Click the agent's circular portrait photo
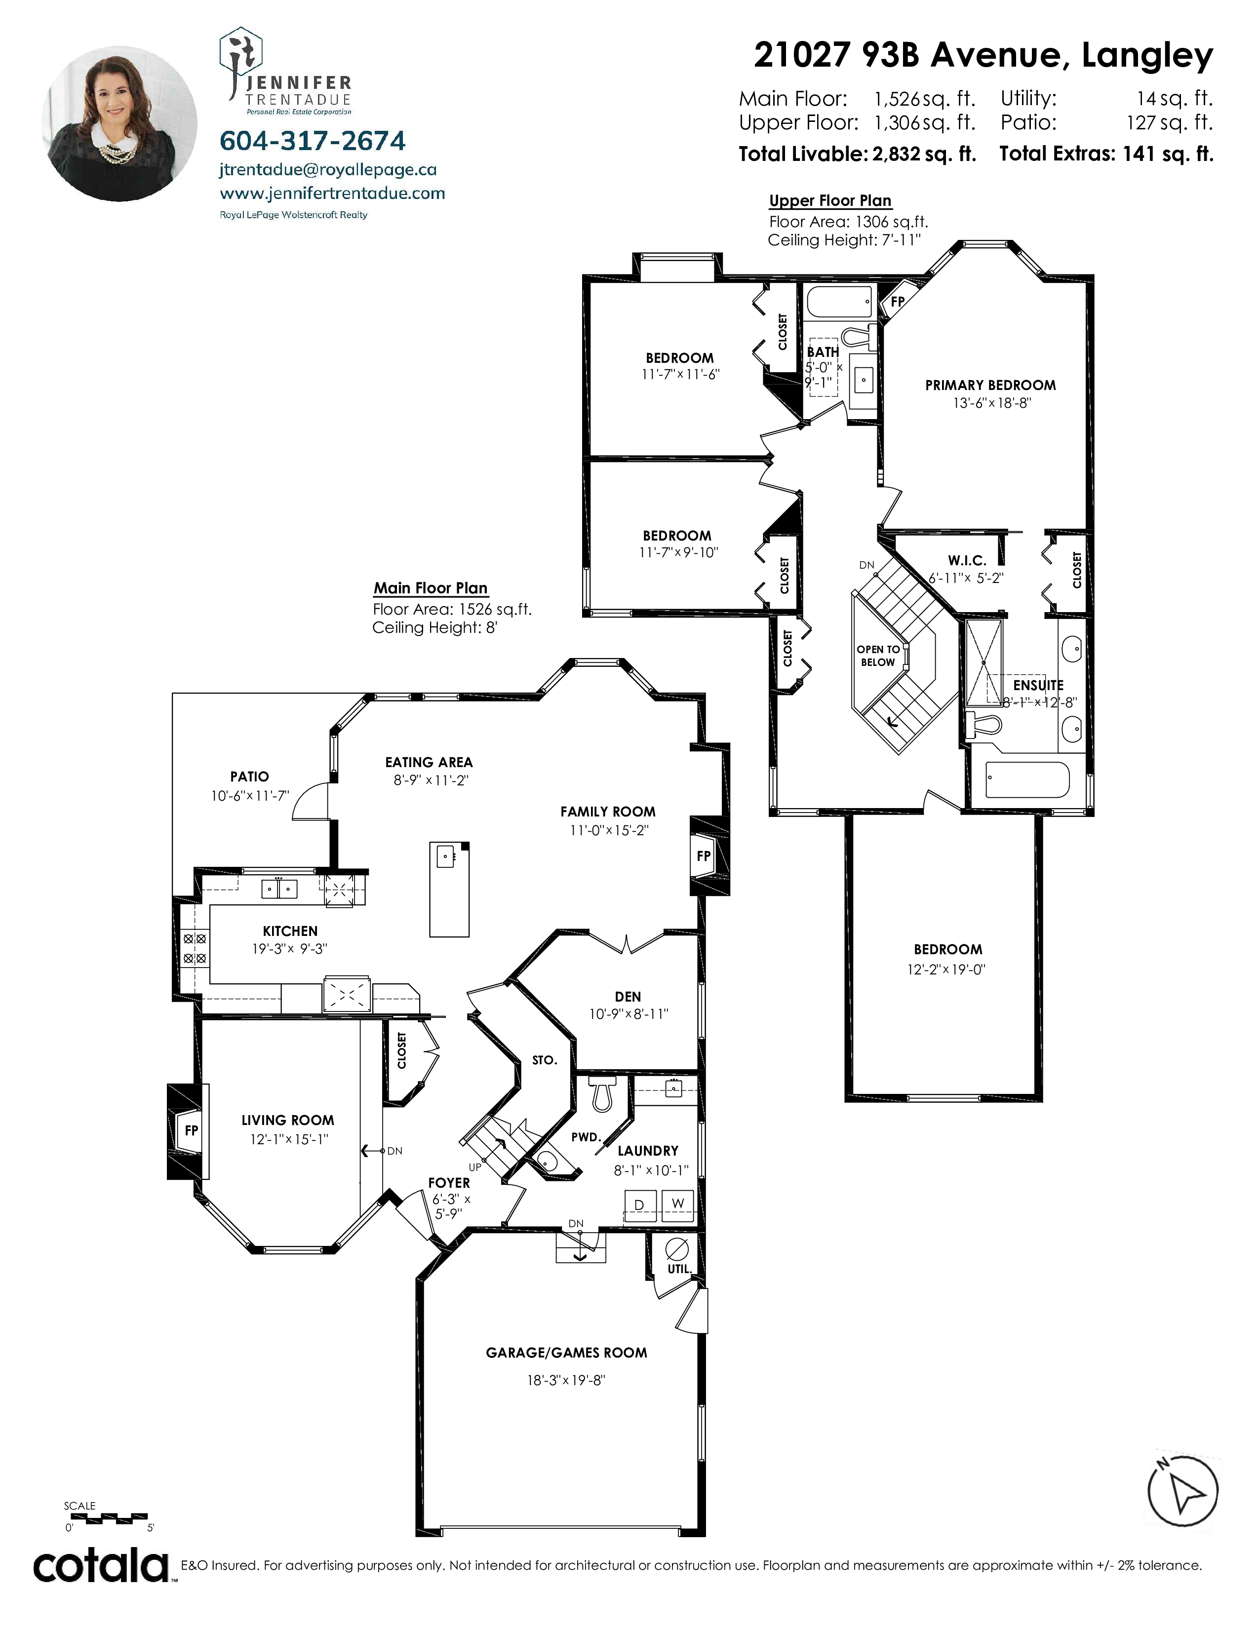tap(122, 124)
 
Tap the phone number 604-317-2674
tap(313, 140)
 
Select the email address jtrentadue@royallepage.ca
tap(328, 170)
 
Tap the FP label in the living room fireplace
tap(192, 1130)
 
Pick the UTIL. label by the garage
tap(679, 1268)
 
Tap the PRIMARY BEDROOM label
tap(990, 386)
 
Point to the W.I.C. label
tap(967, 560)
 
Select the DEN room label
tap(628, 997)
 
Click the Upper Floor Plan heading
tap(830, 200)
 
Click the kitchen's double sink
tap(279, 889)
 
